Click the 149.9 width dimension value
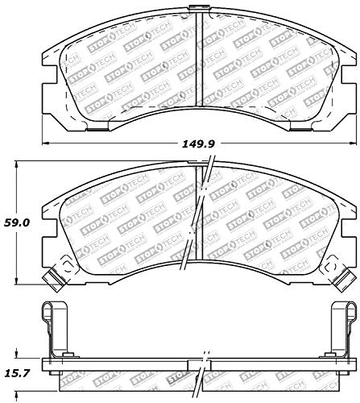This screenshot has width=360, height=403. click(x=198, y=144)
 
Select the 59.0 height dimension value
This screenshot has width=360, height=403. click(x=17, y=222)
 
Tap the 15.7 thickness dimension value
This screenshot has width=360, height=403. click(x=17, y=373)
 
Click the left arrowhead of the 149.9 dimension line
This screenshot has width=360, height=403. click(x=46, y=143)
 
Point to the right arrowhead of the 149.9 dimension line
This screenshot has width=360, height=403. click(x=353, y=143)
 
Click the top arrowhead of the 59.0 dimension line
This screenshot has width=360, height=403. click(x=17, y=164)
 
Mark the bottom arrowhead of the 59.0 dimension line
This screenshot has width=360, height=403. click(x=17, y=280)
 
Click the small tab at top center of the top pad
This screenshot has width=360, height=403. click(x=199, y=9)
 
